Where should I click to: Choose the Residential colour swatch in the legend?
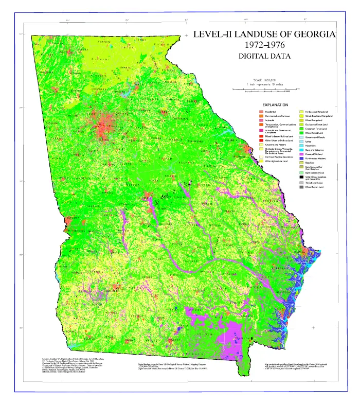(261, 112)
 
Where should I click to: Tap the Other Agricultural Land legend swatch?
(261, 161)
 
